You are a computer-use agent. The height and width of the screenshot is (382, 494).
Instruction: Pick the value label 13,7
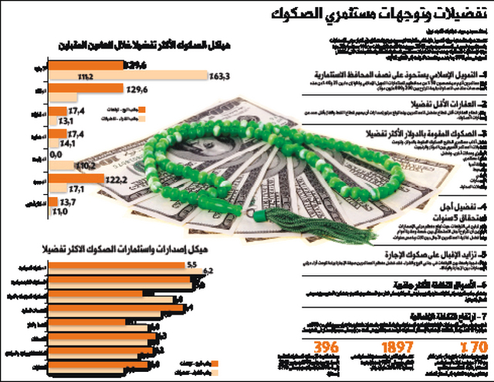(x=67, y=202)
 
